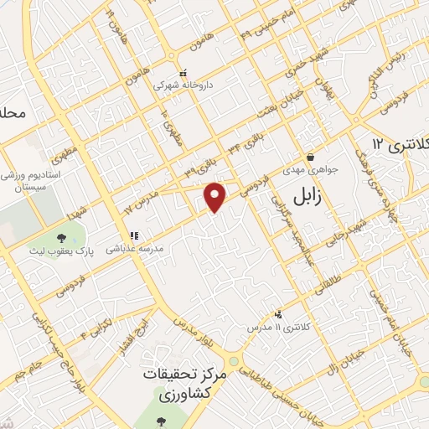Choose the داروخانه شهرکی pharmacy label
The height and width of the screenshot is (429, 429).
(178, 85)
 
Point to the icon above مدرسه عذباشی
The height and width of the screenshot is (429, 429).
(132, 236)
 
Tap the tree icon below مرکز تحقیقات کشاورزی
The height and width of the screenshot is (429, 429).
(162, 417)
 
